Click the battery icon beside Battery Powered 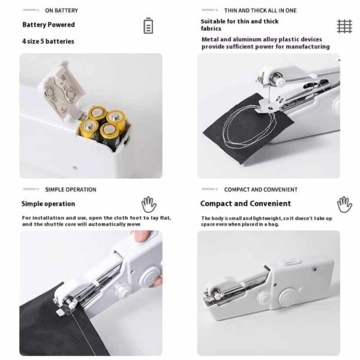pos(148,25)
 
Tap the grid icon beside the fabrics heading pos(344,26)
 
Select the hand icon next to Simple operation pos(149,205)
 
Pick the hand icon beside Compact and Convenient pos(344,205)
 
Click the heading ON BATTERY pos(62,11)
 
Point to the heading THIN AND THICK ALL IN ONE pos(260,11)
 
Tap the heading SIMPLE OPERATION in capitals pos(71,190)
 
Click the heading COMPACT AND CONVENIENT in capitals pos(261,190)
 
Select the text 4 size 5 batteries pos(48,41)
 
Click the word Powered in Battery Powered pos(63,25)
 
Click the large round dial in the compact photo pos(287,296)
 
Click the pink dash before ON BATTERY pos(31,10)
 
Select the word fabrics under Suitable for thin pos(211,29)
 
